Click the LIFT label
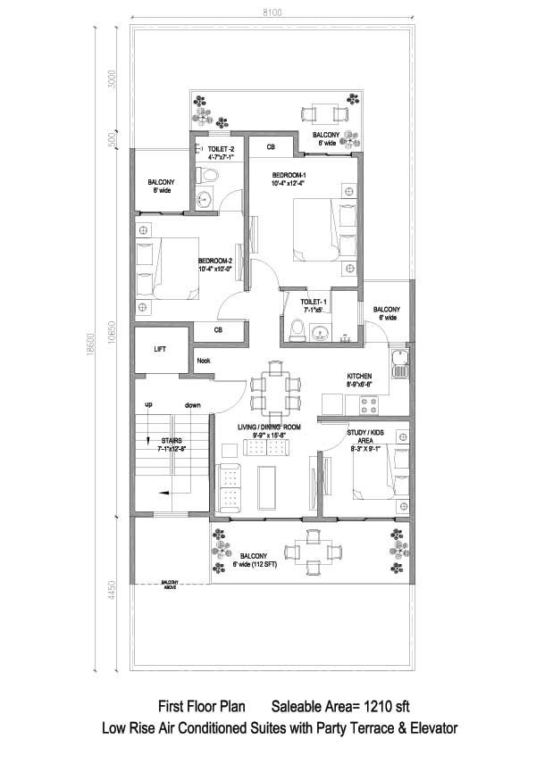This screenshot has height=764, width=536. tap(160, 350)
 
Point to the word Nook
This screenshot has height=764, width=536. tap(204, 361)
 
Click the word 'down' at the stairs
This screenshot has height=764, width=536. tap(193, 405)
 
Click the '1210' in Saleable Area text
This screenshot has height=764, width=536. tap(369, 707)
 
